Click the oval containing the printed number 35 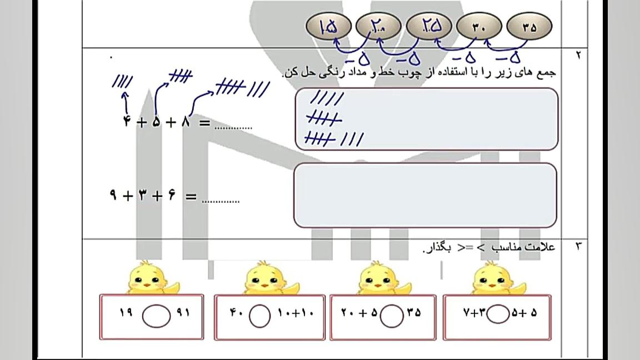point(529,26)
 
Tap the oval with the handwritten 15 point(328,26)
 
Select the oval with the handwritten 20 point(378,26)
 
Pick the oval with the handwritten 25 point(429,26)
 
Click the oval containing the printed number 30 point(479,26)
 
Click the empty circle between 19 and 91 point(156,316)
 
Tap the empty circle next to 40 point(259,316)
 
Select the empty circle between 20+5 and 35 point(392,316)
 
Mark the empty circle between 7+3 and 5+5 point(498,314)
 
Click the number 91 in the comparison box point(183,312)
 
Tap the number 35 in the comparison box point(413,313)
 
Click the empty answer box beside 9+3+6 point(425,195)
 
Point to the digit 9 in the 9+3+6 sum point(113,195)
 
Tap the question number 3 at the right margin point(578,246)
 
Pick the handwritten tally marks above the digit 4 point(122,81)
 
